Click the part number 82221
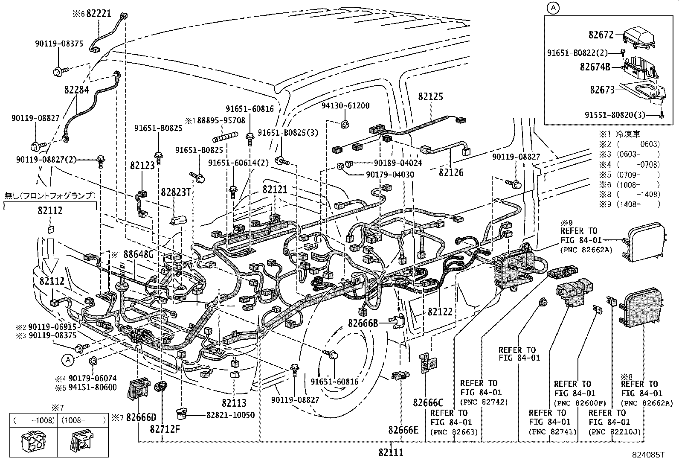(x=99, y=13)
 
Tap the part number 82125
(x=430, y=97)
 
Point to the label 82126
(x=451, y=172)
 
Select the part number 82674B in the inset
(x=595, y=67)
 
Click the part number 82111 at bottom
(x=390, y=452)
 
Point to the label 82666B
(x=363, y=323)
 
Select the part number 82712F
(x=165, y=428)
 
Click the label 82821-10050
(x=230, y=415)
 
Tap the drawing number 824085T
(x=648, y=455)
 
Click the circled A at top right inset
(x=553, y=8)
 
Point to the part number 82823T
(x=175, y=192)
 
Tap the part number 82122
(x=440, y=312)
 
